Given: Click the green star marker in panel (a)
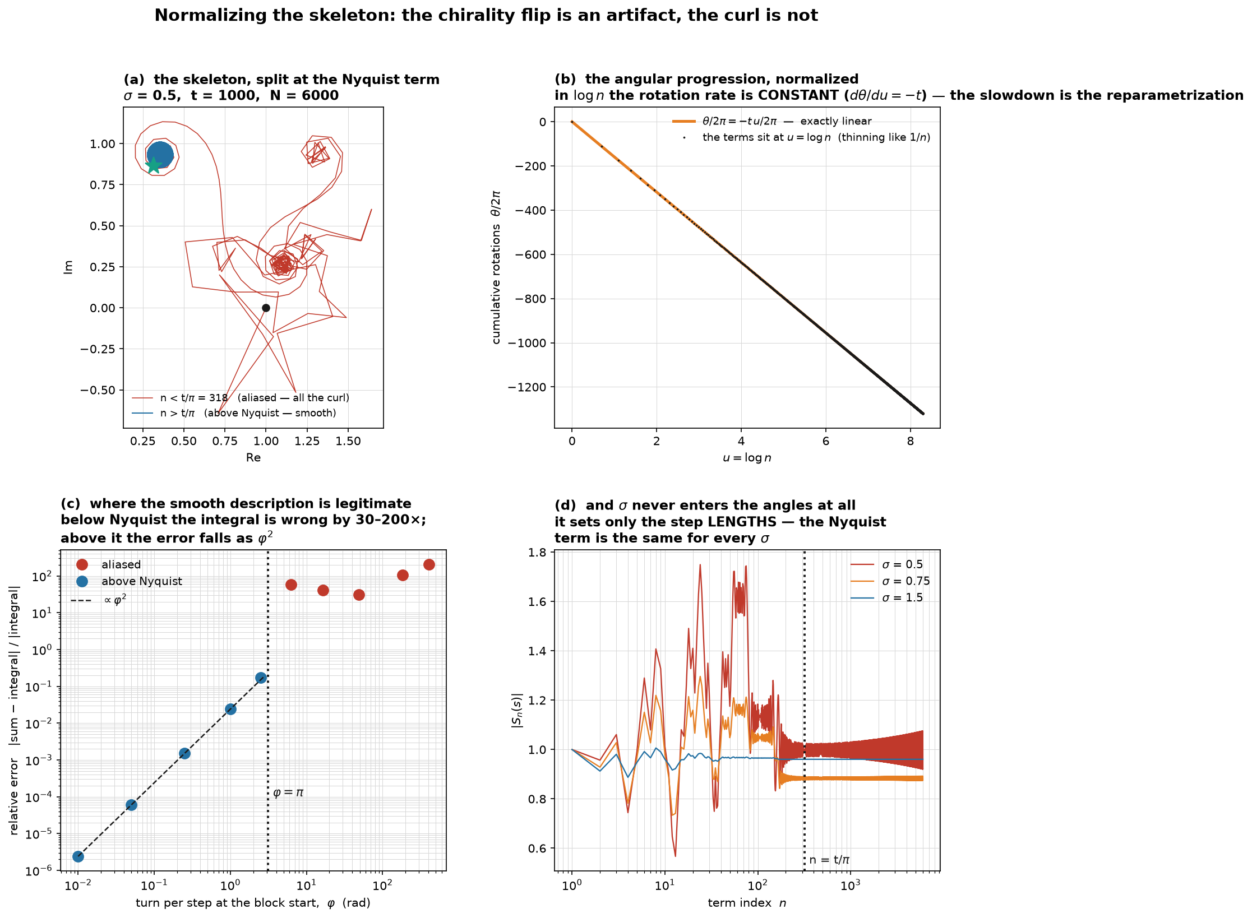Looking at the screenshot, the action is pos(153,165).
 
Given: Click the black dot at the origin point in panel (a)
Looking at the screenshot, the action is pos(266,308).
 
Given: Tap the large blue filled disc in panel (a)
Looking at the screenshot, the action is pos(160,155).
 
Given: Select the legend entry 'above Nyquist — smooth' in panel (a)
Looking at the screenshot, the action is pos(234,413).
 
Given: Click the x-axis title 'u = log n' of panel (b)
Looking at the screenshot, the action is pos(747,458).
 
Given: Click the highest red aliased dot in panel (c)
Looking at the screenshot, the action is pos(429,564).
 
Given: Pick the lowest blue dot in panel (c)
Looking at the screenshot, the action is pos(78,856).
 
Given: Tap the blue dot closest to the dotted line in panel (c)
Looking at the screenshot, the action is pos(261,678).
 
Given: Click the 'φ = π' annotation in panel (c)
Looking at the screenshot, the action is pos(288,792).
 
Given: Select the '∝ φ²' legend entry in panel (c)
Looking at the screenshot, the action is pos(99,600).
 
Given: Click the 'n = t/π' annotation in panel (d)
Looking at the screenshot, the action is pos(829,860).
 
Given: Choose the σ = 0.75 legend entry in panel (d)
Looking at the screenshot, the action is pos(890,581).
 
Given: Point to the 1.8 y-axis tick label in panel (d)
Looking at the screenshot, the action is pos(537,553).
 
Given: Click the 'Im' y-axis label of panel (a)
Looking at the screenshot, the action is pos(68,267).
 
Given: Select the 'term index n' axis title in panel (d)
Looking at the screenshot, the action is pos(747,903).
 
